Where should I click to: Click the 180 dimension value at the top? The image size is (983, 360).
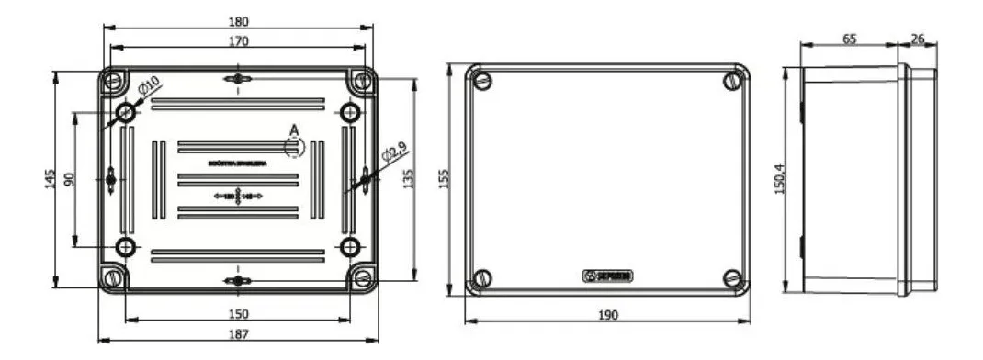click(237, 21)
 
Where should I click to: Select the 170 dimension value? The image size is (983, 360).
click(237, 40)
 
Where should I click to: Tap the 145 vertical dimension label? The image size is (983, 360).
click(50, 178)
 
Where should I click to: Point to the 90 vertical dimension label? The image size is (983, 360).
click(69, 178)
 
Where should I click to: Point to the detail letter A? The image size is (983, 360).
click(293, 129)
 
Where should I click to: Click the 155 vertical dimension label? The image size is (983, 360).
click(444, 178)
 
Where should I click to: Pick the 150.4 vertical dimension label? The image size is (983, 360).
click(781, 180)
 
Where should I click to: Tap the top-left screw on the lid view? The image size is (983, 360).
click(483, 82)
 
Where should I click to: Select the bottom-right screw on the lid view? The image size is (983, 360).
click(731, 277)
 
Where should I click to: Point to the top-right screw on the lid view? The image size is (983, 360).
click(732, 82)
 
